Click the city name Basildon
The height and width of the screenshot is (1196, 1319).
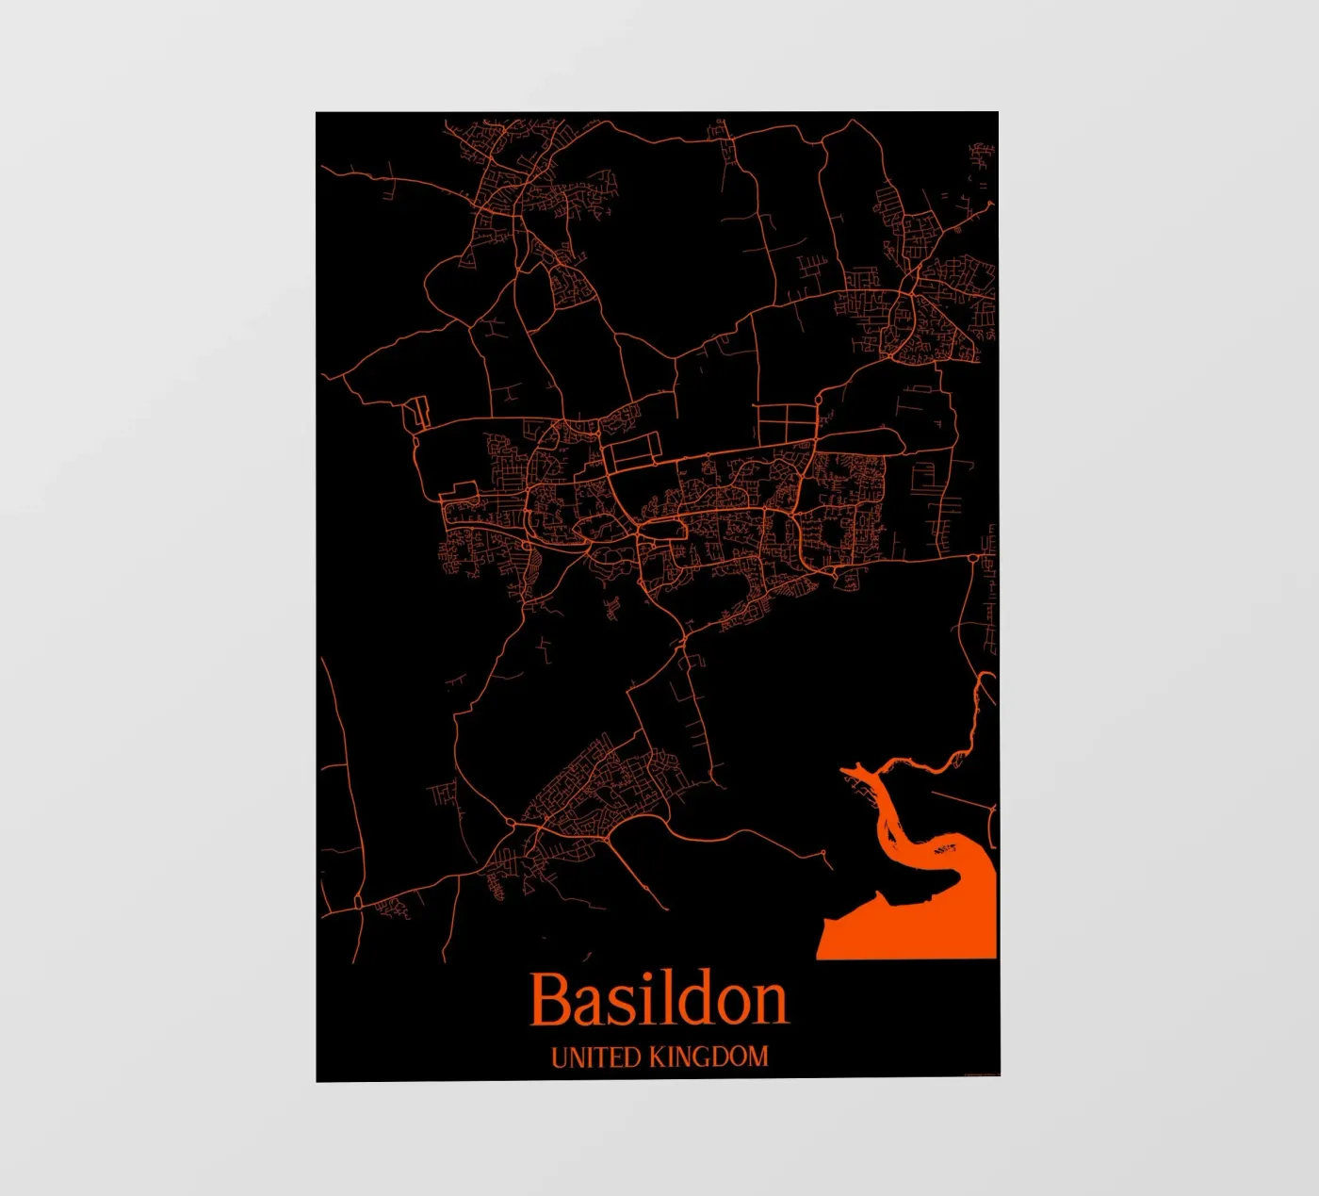pyautogui.click(x=659, y=999)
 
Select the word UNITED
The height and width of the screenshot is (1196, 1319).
pyautogui.click(x=595, y=1057)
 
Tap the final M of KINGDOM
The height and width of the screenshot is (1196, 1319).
pyautogui.click(x=757, y=1057)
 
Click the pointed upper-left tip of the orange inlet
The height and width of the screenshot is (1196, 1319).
pyautogui.click(x=844, y=772)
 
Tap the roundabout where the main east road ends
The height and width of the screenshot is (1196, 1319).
pyautogui.click(x=973, y=559)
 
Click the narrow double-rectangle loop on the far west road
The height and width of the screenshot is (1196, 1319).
pyautogui.click(x=415, y=411)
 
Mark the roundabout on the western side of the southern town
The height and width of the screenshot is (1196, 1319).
pyautogui.click(x=510, y=823)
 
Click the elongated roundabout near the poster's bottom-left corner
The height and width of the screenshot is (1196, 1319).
pyautogui.click(x=358, y=902)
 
